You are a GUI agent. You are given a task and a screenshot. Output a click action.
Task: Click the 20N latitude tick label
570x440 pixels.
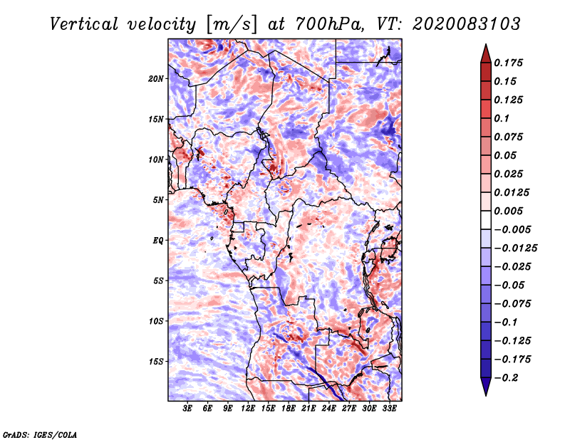tap(155, 78)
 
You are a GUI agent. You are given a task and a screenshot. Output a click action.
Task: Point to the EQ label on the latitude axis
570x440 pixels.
tap(157, 240)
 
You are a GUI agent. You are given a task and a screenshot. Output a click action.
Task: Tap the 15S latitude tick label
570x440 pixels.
tap(155, 361)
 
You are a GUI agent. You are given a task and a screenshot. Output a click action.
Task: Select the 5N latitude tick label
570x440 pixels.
tap(157, 200)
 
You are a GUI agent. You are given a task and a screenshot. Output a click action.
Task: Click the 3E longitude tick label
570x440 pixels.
tap(187, 408)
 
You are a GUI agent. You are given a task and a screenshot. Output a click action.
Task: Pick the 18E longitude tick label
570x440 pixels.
tap(289, 408)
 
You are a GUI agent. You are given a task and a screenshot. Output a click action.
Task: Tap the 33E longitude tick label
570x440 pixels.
tap(389, 408)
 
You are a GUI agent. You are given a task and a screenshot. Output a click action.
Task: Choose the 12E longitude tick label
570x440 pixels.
tap(248, 408)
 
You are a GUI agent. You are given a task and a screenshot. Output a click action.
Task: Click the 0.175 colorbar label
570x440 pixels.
tap(508, 63)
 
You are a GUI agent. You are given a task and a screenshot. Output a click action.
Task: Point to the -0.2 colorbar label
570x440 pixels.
tap(507, 378)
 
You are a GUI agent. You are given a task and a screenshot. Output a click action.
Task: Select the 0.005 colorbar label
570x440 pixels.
tap(508, 211)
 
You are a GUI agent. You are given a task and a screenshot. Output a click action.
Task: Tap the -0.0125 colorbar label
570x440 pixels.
tap(515, 248)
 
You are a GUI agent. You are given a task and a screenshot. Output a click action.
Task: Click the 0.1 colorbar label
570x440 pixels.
tap(502, 118)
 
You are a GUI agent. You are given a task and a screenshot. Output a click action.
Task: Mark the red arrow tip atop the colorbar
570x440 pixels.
tap(486, 44)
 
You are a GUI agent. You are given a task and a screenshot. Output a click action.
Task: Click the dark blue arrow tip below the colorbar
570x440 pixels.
tap(486, 395)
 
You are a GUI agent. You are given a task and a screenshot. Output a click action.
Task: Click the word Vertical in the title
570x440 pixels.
tap(84, 24)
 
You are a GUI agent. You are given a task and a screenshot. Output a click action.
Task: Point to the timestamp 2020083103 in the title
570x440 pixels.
tap(467, 24)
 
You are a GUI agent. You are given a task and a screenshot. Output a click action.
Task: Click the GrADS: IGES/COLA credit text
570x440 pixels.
tap(39, 434)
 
